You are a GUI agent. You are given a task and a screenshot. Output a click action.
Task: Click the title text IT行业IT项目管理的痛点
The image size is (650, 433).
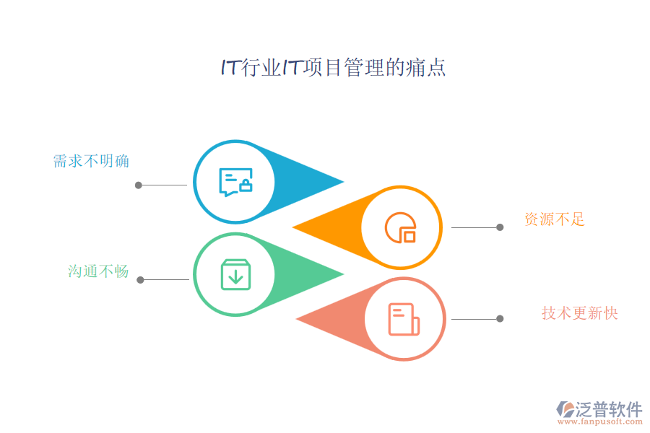(333, 68)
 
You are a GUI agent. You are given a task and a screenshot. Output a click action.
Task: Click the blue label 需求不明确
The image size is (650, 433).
(91, 161)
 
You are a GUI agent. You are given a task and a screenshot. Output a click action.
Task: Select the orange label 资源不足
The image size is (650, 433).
(555, 219)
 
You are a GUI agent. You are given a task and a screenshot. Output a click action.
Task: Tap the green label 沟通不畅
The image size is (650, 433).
(98, 271)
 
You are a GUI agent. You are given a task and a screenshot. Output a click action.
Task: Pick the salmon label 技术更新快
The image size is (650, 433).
(580, 312)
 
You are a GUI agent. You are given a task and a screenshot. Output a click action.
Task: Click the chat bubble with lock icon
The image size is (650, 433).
(235, 182)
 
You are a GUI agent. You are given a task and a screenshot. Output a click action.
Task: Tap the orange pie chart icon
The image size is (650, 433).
(401, 227)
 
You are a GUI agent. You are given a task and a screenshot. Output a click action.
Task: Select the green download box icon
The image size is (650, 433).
(235, 275)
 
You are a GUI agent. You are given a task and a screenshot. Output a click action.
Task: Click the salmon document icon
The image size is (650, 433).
(403, 319)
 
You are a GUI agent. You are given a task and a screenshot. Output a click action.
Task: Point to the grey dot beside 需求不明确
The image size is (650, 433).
(139, 185)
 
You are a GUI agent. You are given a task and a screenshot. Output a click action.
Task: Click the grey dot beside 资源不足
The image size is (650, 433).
(500, 227)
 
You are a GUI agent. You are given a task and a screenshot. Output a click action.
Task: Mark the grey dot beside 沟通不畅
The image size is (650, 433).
(140, 279)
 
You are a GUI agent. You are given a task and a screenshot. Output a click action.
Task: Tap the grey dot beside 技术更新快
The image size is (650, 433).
(500, 318)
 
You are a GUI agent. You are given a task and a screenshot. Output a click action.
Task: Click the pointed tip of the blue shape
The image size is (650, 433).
(342, 182)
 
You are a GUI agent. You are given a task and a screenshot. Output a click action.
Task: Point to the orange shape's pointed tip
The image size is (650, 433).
(294, 228)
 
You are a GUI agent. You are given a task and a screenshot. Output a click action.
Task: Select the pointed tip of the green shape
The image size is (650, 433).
(342, 274)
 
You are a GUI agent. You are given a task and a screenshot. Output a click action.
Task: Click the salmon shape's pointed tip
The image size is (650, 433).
(298, 319)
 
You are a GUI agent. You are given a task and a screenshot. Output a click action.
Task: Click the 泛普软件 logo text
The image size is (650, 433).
(608, 409)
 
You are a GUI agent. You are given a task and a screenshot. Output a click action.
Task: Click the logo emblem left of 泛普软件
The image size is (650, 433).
(565, 410)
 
